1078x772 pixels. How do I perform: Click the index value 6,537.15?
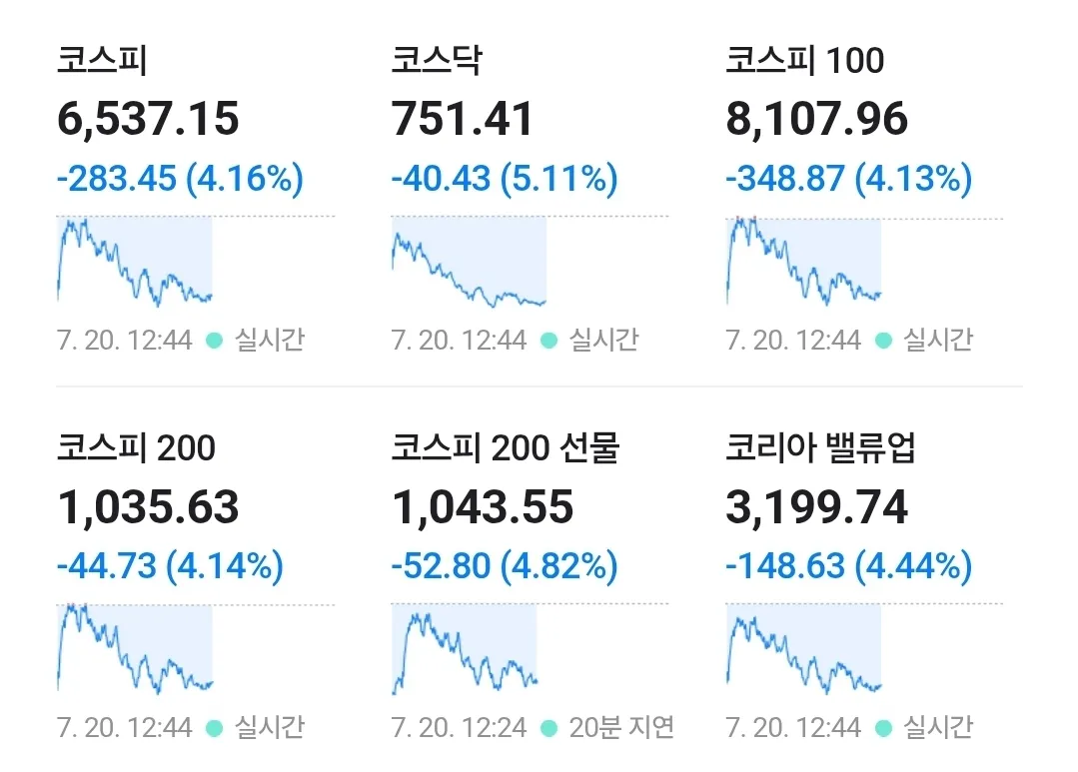point(148,119)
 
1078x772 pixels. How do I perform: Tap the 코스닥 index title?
point(437,60)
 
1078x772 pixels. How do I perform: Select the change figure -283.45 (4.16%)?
point(180,179)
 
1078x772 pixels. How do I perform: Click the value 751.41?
point(463,119)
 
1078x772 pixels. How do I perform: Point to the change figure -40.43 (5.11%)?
point(505,179)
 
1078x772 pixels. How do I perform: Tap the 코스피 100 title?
point(805,60)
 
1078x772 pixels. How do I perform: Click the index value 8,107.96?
point(817,119)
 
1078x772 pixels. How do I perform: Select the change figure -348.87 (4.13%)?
point(849,179)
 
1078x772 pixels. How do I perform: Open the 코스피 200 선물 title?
point(506,447)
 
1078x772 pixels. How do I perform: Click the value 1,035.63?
point(148,507)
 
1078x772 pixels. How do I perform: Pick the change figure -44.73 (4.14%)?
point(171,566)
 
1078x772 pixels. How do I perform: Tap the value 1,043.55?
point(483,507)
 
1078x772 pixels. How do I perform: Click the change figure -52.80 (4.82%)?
point(505,566)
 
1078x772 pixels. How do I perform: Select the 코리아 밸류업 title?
point(821,447)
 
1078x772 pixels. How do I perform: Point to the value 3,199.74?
point(817,507)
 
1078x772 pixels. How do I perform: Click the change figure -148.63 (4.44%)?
point(849,566)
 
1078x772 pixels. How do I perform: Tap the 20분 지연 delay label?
point(621,727)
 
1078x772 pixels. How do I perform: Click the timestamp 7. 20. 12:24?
point(459,727)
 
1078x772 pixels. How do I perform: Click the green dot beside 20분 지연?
point(548,728)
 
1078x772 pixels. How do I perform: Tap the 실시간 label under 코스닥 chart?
point(604,340)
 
